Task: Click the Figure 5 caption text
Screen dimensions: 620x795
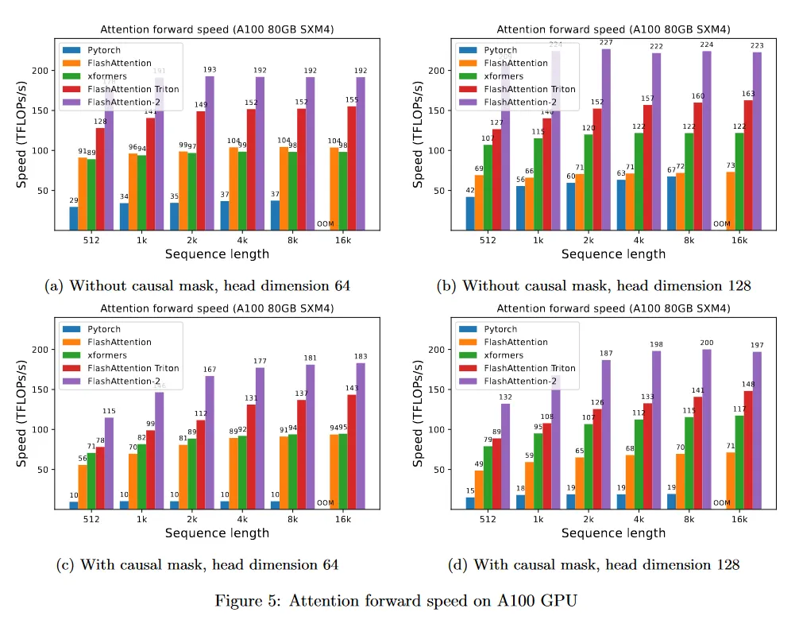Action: click(x=397, y=600)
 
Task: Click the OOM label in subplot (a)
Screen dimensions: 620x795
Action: click(x=325, y=224)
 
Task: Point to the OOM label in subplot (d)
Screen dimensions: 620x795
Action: click(x=721, y=502)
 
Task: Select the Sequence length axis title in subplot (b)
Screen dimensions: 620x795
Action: click(x=613, y=254)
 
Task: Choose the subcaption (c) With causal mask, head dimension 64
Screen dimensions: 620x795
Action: click(x=197, y=565)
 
